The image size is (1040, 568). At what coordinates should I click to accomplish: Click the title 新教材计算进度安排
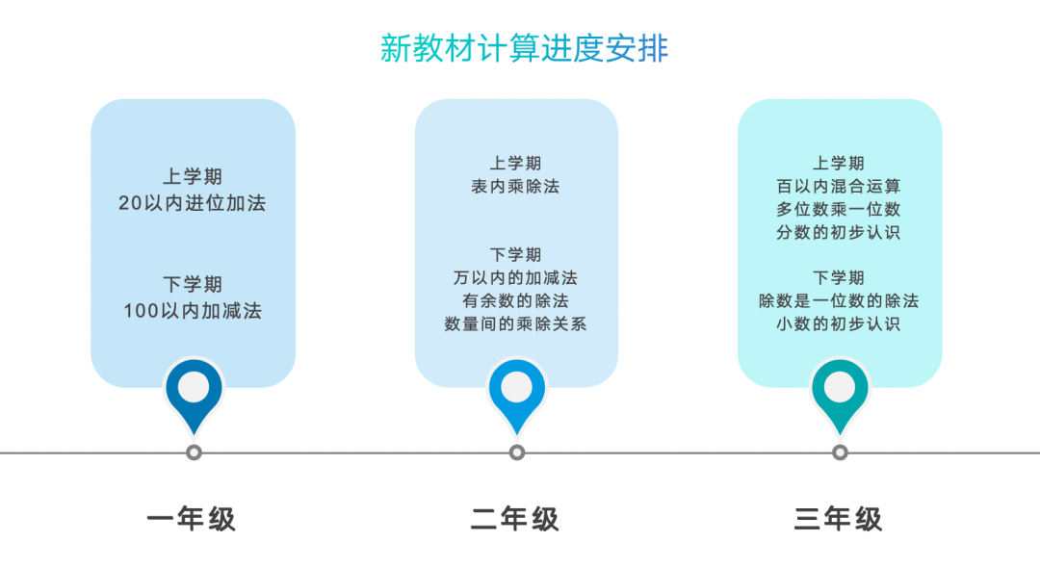click(x=524, y=48)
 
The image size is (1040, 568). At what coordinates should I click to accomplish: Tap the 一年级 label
click(x=192, y=519)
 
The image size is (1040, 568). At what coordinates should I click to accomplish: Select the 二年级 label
click(x=515, y=519)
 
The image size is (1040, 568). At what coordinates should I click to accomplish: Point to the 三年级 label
click(x=839, y=519)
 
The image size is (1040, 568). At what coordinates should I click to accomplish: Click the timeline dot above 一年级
click(x=194, y=452)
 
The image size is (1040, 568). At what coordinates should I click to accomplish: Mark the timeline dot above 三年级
click(x=840, y=452)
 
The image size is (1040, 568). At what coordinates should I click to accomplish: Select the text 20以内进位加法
click(x=193, y=203)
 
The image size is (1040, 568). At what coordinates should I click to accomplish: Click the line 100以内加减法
click(x=193, y=311)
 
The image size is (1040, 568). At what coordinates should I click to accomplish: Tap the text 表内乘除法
click(x=515, y=187)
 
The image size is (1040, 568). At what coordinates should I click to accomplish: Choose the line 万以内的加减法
click(x=515, y=277)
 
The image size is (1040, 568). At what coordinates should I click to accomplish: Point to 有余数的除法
click(x=515, y=301)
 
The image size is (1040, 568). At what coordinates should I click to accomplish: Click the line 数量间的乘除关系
click(x=515, y=324)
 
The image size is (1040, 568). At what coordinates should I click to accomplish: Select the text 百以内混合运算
click(x=839, y=187)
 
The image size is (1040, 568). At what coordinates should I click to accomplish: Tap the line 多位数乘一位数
click(x=839, y=210)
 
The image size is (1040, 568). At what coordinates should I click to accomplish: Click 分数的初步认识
click(x=839, y=233)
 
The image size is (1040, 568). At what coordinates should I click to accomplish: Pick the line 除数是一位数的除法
click(x=839, y=301)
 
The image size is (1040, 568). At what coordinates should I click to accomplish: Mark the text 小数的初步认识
click(x=839, y=324)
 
